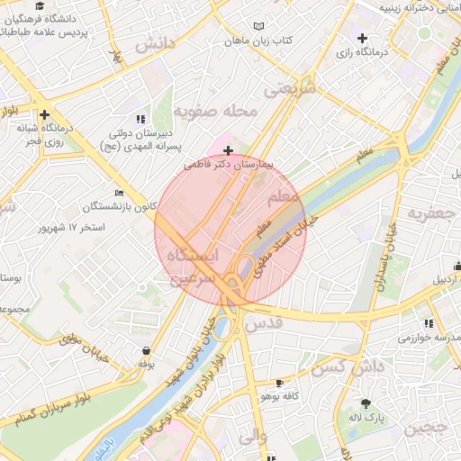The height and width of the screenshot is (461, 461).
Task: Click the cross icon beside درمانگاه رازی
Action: [362, 39]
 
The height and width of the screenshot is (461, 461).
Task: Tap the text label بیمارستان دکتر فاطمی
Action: [233, 166]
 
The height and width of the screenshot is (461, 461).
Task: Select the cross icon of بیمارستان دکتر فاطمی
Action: [229, 150]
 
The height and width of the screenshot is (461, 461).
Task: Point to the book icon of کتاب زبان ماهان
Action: [260, 27]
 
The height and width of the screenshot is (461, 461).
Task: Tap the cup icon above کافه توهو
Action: [279, 383]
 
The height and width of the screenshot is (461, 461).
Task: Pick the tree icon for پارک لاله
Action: [366, 404]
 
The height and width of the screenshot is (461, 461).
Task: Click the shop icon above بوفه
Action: [146, 350]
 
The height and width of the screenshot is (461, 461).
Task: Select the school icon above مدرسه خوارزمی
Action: [429, 323]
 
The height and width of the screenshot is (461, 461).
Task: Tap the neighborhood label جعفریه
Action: [429, 213]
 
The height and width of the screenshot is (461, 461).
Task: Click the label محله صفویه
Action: [216, 112]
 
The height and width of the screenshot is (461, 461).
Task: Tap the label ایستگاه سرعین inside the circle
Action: [193, 266]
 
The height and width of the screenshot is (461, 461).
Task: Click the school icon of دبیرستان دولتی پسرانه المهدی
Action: [140, 118]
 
